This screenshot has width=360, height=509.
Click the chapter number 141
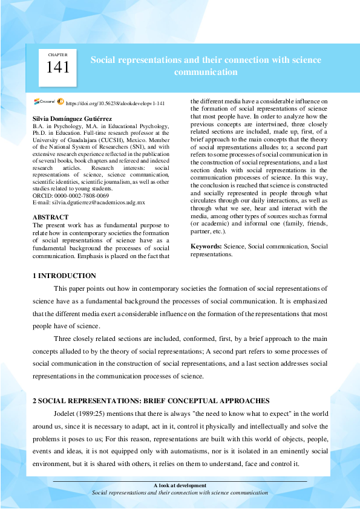coord(58,68)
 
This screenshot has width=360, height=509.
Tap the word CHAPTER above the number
coord(58,54)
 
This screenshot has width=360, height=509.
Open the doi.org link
coord(114,104)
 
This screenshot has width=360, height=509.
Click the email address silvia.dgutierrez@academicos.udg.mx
coord(88,203)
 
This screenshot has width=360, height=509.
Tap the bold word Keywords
coord(206,247)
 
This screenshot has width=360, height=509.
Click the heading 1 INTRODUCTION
coord(64,276)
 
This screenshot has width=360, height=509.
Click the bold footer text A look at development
coord(180,485)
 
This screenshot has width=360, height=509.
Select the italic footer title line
coord(180,493)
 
